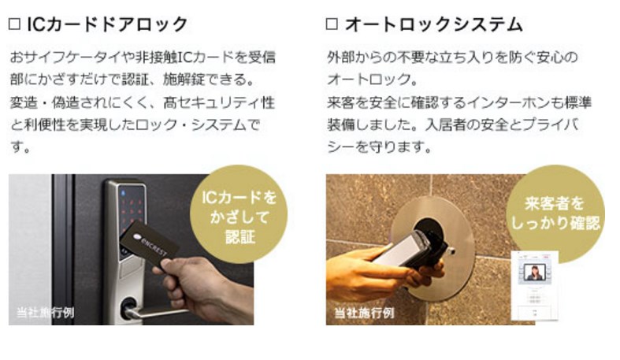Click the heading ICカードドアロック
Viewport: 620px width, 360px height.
[x=107, y=24]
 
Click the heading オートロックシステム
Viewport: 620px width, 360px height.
[x=434, y=24]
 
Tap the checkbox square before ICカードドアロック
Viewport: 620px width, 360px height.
[x=14, y=24]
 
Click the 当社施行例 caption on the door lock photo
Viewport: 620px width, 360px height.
[x=45, y=313]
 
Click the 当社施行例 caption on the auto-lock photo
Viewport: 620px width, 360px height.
[x=362, y=313]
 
